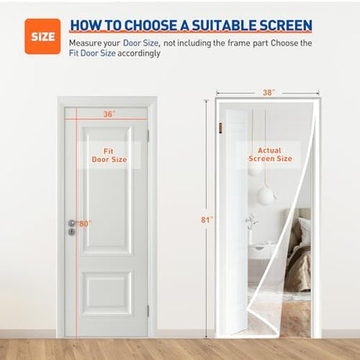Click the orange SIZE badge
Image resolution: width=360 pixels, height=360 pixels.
42,37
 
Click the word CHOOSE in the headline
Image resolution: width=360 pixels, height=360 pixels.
151,25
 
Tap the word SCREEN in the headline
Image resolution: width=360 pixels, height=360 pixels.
286,25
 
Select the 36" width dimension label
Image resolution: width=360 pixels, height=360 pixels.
109,114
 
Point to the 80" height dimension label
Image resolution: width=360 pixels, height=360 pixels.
85,224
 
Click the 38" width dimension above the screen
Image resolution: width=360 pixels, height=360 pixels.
268,92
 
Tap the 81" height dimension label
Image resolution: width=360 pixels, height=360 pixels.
207,220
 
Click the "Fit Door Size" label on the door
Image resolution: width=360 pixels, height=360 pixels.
109,155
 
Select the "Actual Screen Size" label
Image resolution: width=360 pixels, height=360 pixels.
270,154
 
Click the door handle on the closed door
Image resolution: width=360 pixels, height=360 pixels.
73,223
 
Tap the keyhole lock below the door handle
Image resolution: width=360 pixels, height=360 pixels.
72,232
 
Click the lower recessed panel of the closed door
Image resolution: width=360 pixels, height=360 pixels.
106,293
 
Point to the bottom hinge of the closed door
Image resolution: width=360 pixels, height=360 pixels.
148,311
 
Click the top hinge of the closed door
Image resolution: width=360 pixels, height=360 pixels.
148,136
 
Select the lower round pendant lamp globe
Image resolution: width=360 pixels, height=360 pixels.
266,196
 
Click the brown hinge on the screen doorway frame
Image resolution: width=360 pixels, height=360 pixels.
221,128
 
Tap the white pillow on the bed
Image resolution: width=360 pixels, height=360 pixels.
304,233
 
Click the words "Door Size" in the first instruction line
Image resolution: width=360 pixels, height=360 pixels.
141,43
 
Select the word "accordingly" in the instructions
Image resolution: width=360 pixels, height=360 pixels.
139,53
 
